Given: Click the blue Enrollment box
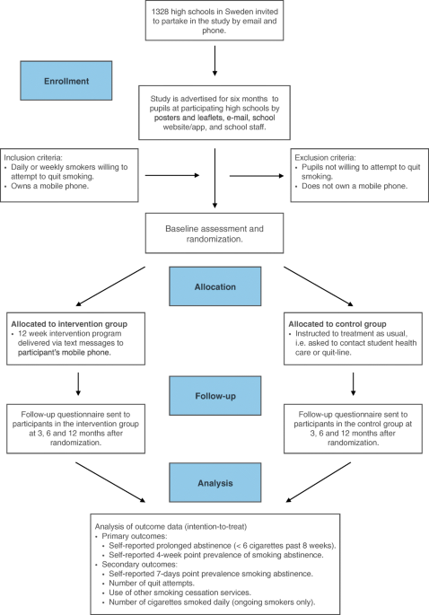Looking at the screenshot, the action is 66,81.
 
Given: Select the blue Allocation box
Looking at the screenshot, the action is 215,286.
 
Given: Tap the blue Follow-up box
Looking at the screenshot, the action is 215,396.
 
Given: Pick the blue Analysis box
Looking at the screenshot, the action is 215,482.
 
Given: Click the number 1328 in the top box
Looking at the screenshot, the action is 160,12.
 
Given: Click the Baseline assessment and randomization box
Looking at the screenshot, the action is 214,233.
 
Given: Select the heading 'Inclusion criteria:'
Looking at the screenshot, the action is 33,157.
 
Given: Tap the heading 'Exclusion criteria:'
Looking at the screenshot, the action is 326,157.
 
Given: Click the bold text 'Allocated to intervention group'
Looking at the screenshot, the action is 69,324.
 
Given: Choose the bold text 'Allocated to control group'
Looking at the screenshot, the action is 337,324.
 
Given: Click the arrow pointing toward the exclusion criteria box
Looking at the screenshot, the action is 257,176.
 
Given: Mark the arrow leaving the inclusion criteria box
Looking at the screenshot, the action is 172,175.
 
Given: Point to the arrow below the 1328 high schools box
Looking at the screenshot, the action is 214,61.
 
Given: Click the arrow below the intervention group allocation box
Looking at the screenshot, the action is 78,384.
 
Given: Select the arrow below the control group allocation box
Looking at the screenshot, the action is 354,384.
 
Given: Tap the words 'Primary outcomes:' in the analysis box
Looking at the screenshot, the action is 135,536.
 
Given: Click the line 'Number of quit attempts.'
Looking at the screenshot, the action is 152,583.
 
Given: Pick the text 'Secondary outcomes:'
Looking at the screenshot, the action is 140,564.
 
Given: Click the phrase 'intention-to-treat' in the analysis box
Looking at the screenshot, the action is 214,526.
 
